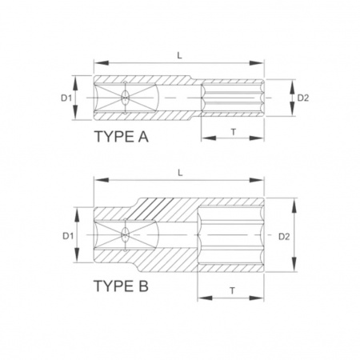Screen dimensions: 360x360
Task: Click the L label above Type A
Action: pos(180,55)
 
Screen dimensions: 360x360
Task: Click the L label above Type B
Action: pos(180,173)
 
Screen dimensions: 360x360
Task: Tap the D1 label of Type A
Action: pos(66,98)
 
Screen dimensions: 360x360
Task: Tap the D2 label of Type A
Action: pos(303,98)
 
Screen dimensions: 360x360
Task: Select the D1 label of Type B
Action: pos(68,236)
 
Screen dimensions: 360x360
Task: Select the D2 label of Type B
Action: pos(284,236)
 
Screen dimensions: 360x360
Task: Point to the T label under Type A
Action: pos(234,132)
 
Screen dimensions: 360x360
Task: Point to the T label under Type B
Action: pos(233,290)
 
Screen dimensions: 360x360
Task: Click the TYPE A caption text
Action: pos(122,137)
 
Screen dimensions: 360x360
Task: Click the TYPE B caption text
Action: pos(121,286)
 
